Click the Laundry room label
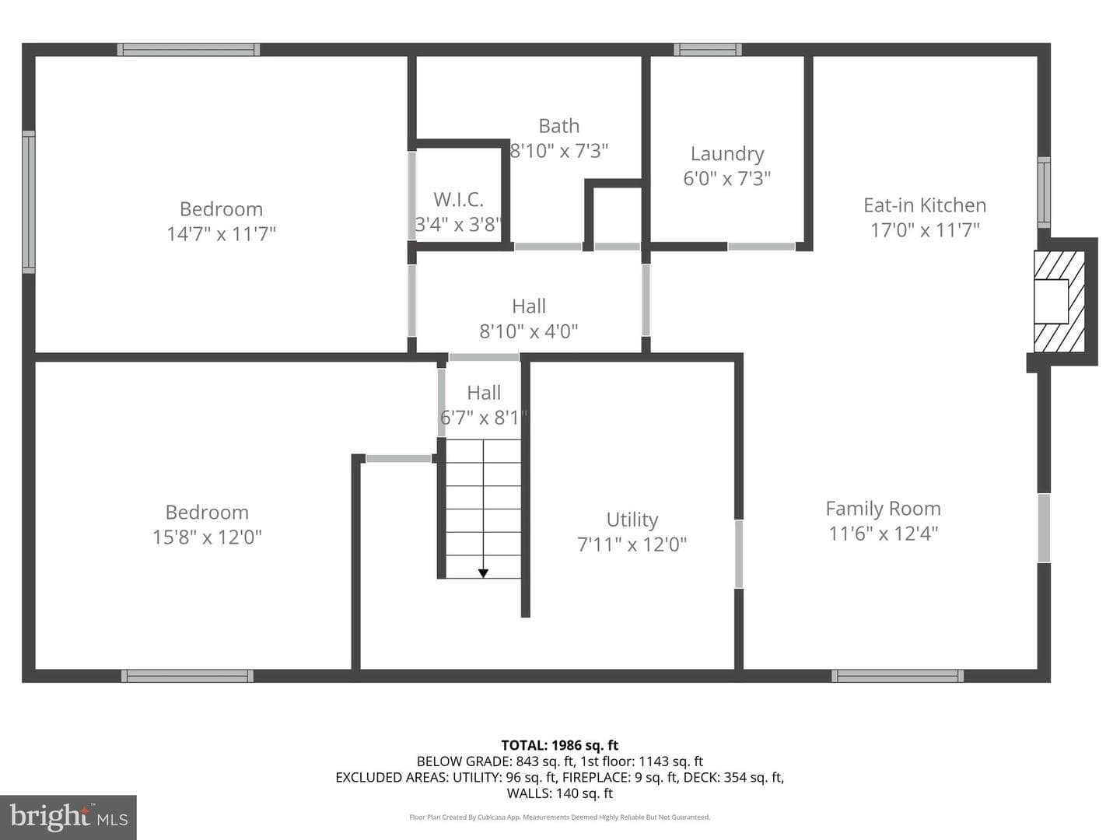pos(727,153)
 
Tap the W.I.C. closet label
pos(458,199)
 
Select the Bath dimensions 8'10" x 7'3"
pos(559,151)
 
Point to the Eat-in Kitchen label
pos(925,205)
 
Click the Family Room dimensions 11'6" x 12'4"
pos(884,534)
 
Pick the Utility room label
pos(632,520)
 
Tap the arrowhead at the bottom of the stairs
pos(483,573)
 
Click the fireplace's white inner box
pos(1051,301)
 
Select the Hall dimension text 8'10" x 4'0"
pos(529,331)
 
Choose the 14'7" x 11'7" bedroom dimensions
pos(221,234)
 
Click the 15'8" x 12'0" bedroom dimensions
pos(207,537)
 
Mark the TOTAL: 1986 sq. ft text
pos(560,745)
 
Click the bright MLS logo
pos(68,817)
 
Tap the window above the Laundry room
pos(708,50)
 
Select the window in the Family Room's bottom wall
pos(898,676)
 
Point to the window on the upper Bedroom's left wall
pos(29,202)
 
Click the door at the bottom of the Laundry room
pos(761,247)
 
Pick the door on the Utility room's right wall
pos(738,554)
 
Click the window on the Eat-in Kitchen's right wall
pos(1045,192)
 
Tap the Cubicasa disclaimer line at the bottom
pos(560,817)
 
